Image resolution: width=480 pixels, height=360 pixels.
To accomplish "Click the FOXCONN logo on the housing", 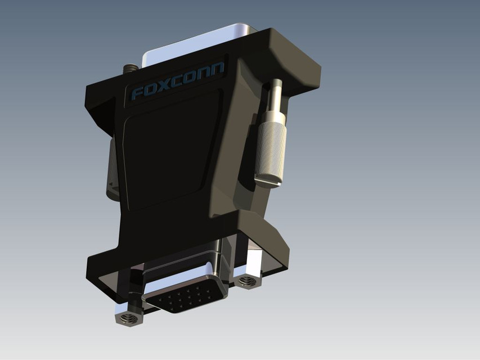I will tap(177, 81).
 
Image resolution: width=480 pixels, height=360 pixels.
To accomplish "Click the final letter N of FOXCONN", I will tap(217, 69).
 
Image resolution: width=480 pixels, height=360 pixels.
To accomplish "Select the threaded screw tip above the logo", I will tap(131, 69).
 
